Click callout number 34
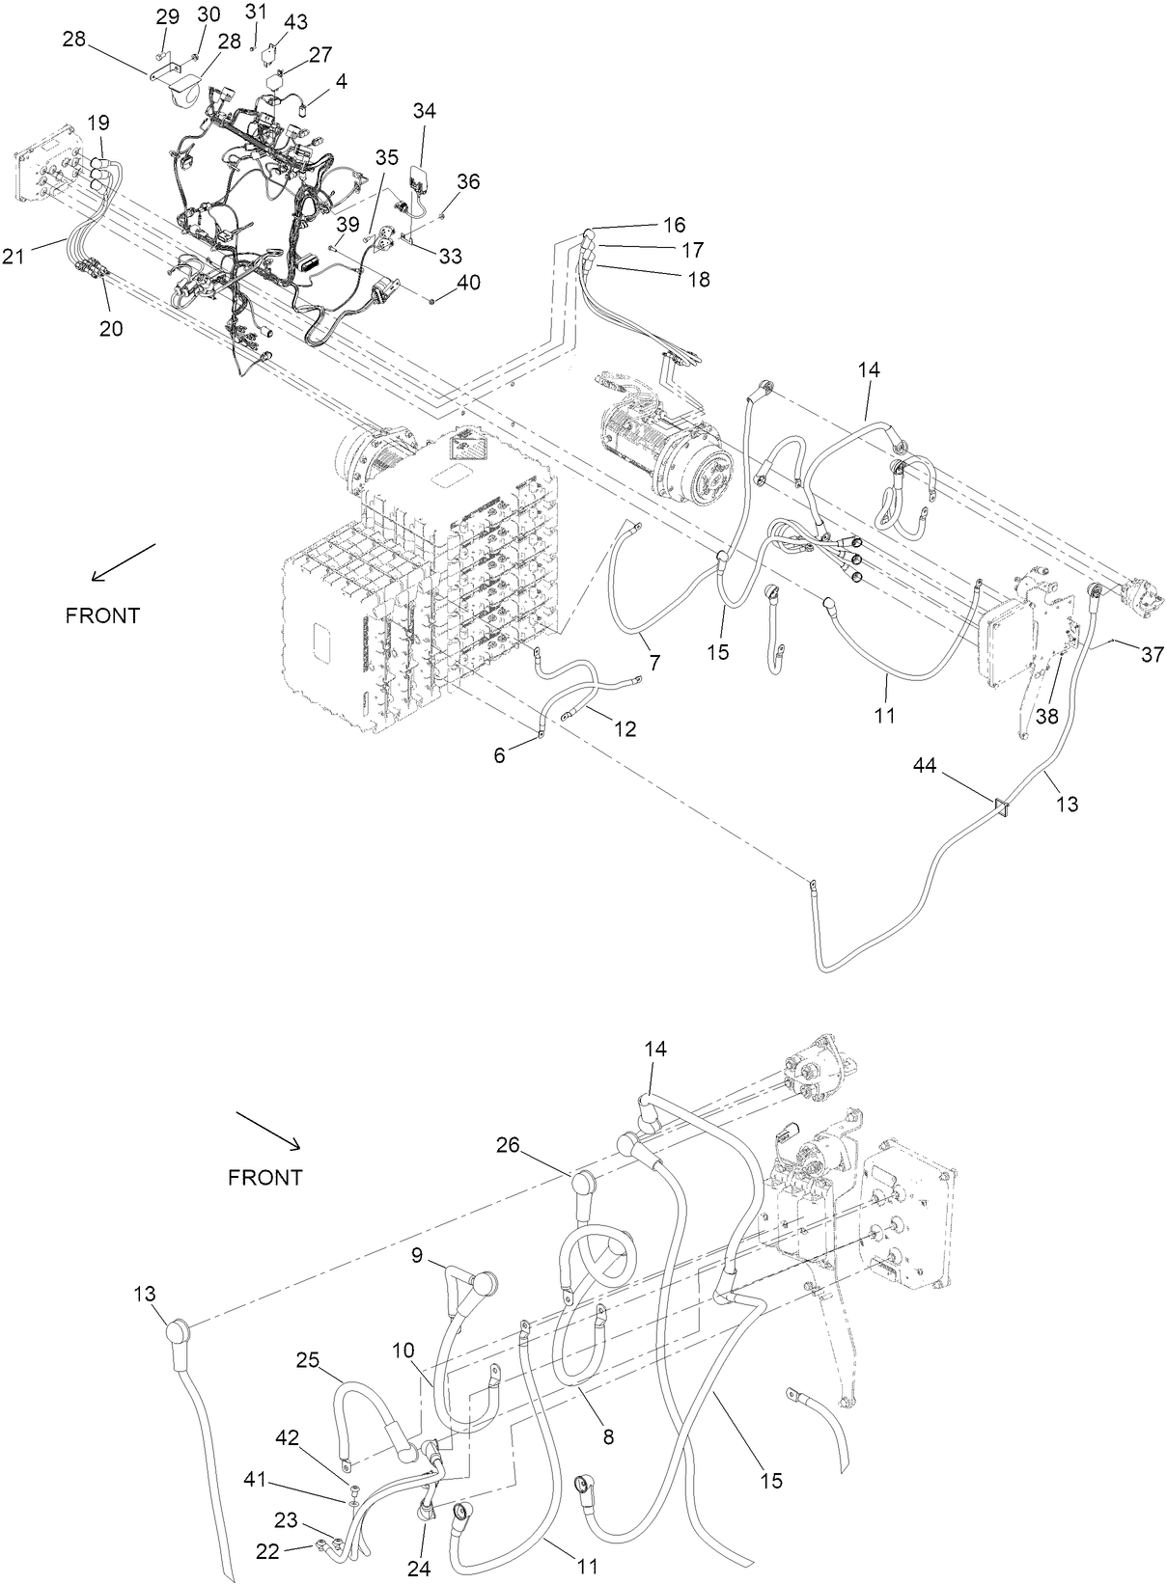(424, 111)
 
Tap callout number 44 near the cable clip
(925, 765)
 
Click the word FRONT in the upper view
(102, 615)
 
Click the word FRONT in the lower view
(265, 1178)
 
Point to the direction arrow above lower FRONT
(268, 1131)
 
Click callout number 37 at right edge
(1152, 655)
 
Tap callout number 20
(111, 328)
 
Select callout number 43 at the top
(296, 20)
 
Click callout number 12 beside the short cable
(625, 729)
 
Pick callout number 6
(499, 755)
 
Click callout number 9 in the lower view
(417, 1256)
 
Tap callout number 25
(308, 1360)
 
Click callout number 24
(418, 1569)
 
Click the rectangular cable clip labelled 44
(1002, 806)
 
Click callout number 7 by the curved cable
(654, 663)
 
